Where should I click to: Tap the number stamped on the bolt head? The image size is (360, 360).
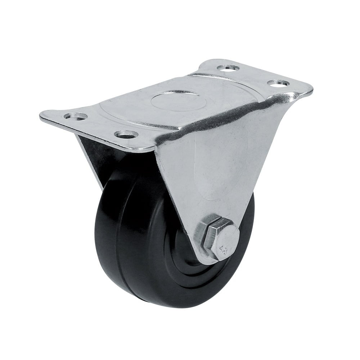tap(223, 249)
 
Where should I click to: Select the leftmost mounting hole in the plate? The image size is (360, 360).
tap(76, 116)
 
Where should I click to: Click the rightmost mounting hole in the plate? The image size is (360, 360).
tap(278, 83)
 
